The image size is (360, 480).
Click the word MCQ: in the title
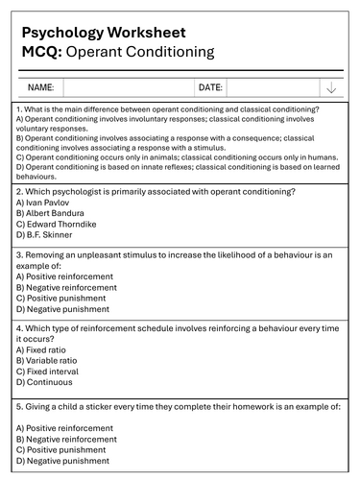[46, 52]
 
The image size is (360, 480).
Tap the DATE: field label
[210, 87]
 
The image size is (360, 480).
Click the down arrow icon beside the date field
[331, 87]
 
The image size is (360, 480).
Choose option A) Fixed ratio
[46, 349]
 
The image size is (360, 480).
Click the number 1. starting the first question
[19, 109]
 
